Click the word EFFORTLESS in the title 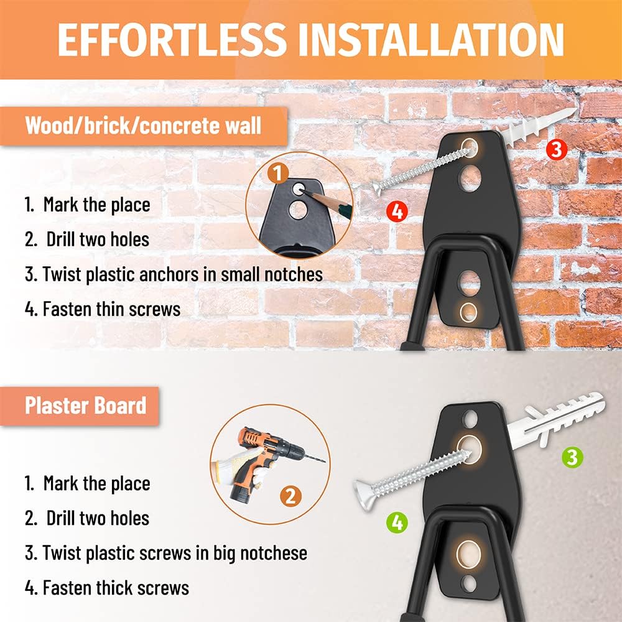pos(172,40)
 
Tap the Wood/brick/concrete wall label pos(143,126)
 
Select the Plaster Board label pos(86,406)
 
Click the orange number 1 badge pos(277,173)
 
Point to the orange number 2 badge pos(290,496)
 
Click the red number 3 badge pos(557,149)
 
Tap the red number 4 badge pos(397,211)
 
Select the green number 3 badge pos(572,457)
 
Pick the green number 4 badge pos(397,522)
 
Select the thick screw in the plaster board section pos(412,476)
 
